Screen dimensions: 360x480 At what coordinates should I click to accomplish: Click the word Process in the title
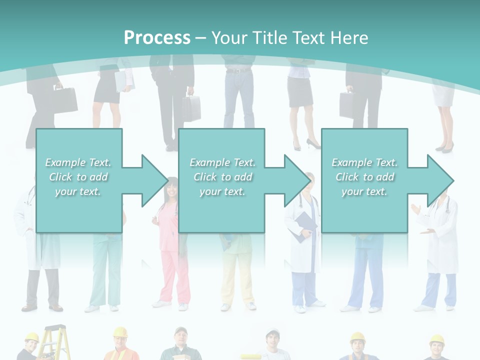157,37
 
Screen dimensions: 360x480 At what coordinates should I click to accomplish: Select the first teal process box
79,180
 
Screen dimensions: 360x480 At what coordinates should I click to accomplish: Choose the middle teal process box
221,180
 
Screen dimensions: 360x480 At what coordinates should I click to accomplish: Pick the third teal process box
364,180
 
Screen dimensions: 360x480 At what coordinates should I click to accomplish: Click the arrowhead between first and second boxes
154,180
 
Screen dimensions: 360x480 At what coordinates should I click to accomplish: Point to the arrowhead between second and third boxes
296,180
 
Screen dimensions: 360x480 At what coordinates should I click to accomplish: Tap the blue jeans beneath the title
239,97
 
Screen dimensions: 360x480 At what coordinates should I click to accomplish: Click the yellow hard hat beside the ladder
31,337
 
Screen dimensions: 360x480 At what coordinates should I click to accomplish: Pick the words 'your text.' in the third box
364,191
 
